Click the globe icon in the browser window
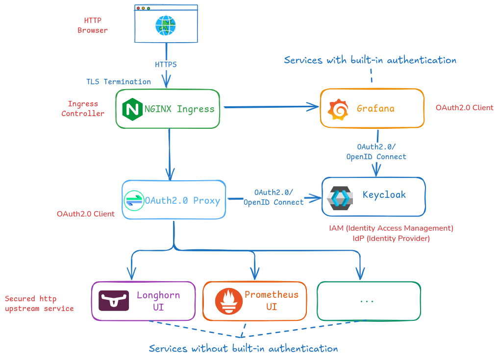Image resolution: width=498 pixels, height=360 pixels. (x=166, y=25)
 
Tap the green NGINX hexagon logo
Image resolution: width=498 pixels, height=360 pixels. (x=132, y=109)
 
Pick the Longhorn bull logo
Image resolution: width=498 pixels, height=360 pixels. (x=114, y=301)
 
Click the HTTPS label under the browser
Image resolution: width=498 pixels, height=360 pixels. (x=166, y=65)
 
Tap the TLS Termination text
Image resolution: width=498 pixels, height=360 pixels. (x=119, y=81)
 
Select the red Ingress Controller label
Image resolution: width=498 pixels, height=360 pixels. (x=83, y=109)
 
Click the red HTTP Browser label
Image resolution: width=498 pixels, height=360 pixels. (x=93, y=25)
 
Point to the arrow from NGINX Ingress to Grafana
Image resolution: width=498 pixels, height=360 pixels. (x=270, y=106)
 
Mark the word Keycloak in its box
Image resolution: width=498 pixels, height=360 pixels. (x=384, y=194)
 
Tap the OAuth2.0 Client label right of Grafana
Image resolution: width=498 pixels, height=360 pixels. (x=464, y=108)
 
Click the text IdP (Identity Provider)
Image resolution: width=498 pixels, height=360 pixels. (x=391, y=239)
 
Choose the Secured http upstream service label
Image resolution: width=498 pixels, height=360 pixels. (x=39, y=304)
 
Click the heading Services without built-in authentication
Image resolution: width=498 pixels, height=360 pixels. (x=243, y=349)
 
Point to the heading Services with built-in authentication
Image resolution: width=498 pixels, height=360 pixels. (x=370, y=60)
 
